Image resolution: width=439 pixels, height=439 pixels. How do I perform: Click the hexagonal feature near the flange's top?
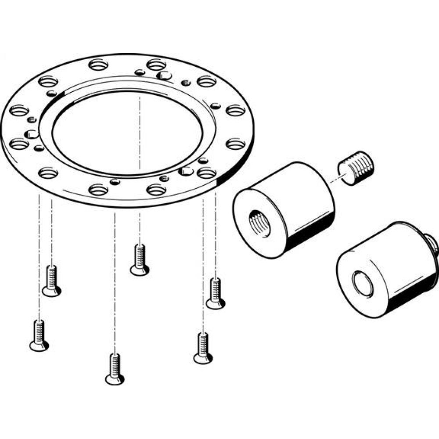[x=165, y=76]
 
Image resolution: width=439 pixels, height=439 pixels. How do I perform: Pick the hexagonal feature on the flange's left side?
[x=30, y=134]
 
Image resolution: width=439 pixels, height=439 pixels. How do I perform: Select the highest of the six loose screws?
[x=140, y=261]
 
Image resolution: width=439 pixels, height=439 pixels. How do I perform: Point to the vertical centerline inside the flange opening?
[x=140, y=132]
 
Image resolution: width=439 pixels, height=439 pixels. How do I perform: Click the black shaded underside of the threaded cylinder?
[x=307, y=237]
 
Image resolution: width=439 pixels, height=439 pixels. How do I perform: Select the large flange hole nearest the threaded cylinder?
[x=206, y=173]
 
